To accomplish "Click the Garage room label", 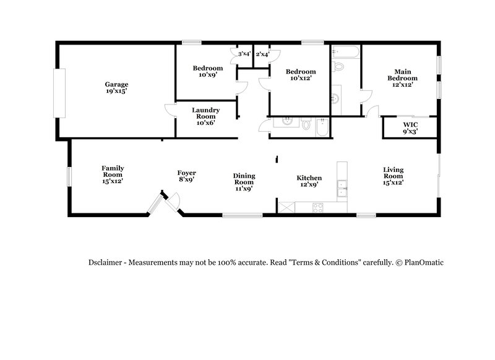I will [x=116, y=87].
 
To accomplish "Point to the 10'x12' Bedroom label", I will [x=300, y=75].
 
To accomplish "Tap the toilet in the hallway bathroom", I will [x=306, y=124].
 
